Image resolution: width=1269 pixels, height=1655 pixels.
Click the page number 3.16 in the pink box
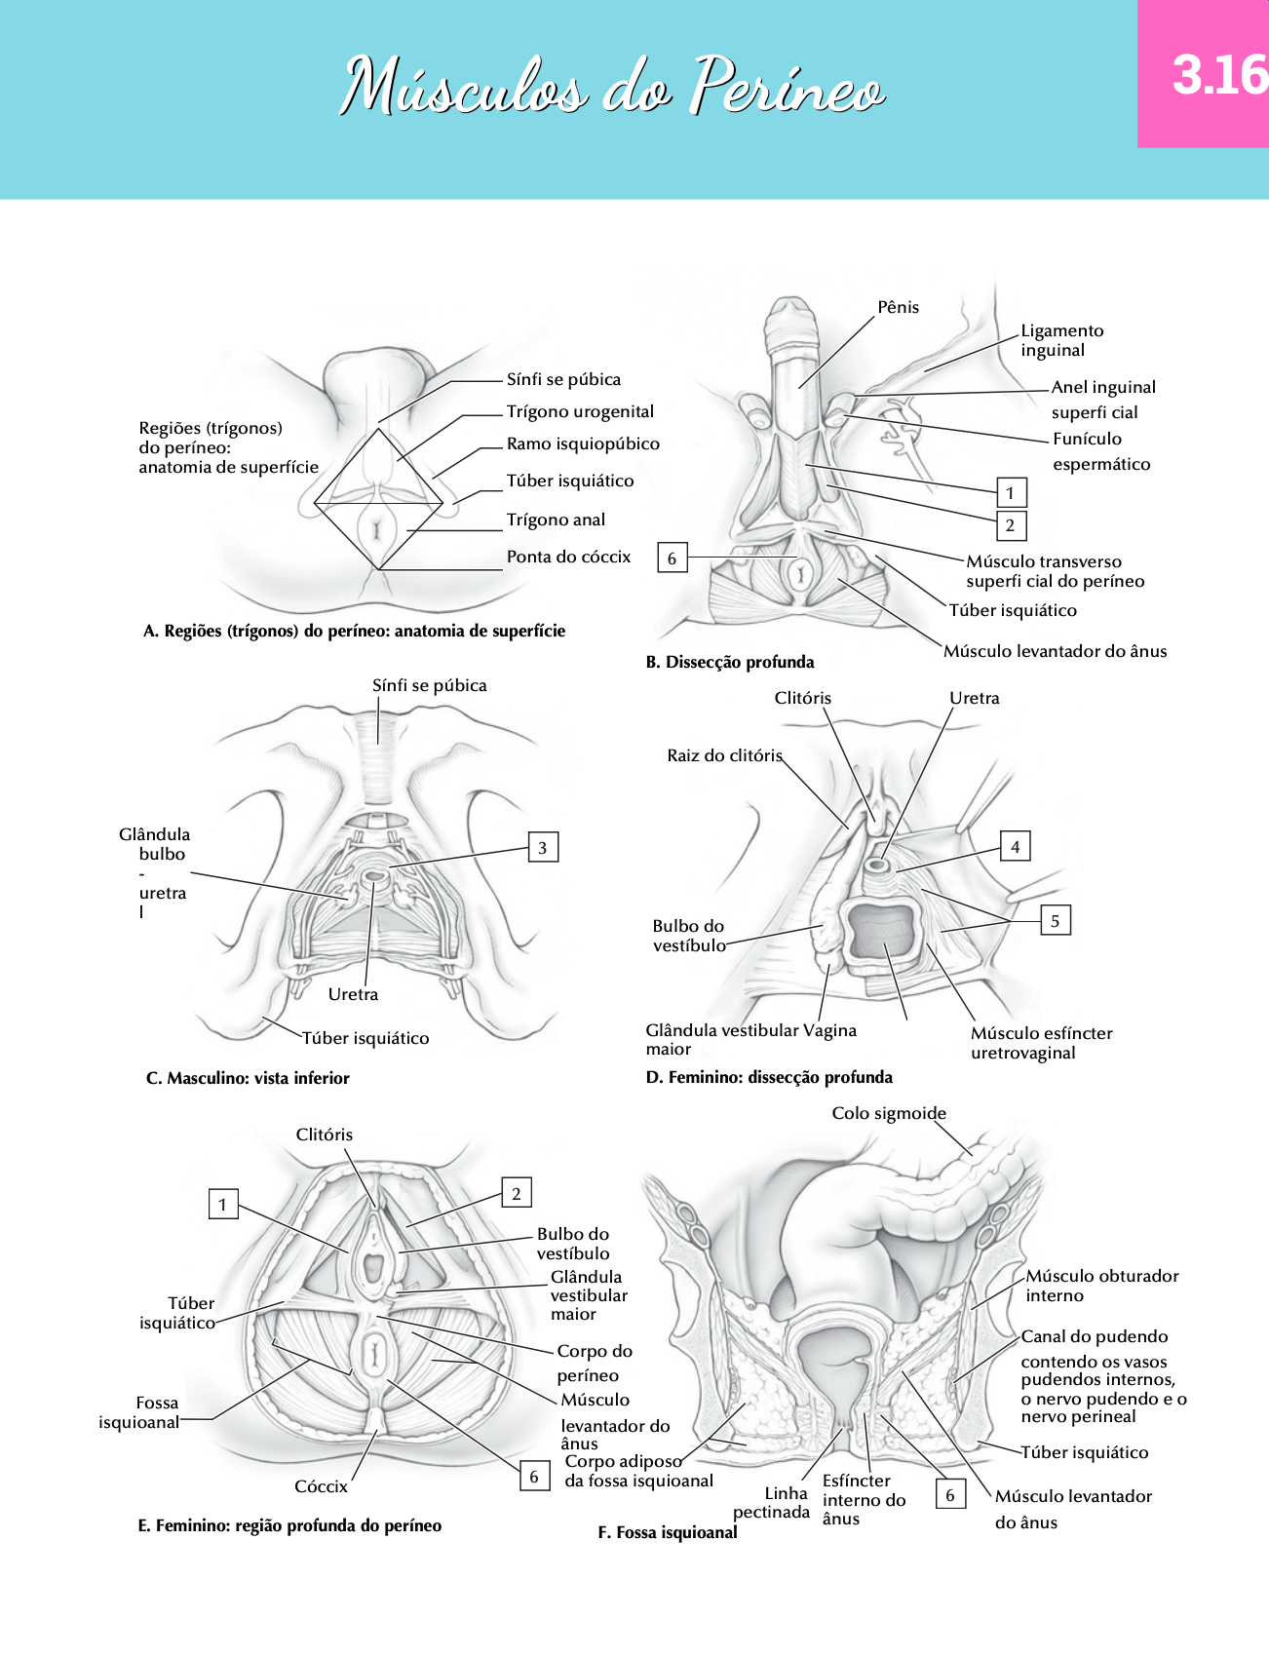(x=1218, y=75)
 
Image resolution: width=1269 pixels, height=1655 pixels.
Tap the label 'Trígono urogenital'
(x=580, y=411)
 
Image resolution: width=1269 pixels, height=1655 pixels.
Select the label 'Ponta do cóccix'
(x=568, y=557)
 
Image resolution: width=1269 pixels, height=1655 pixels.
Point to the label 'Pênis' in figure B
(x=898, y=307)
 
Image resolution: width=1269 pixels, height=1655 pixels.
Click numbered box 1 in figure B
(x=1011, y=492)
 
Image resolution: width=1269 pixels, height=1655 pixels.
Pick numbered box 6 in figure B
(x=672, y=558)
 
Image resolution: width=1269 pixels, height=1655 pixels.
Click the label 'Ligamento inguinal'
(x=1061, y=340)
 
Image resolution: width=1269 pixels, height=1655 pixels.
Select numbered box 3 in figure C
(x=543, y=848)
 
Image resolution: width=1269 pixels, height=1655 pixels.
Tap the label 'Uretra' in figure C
(x=353, y=994)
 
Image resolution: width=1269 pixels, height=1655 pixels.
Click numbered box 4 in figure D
(x=1016, y=846)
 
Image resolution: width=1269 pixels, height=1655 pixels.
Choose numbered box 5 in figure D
(x=1055, y=920)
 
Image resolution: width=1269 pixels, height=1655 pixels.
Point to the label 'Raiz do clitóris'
(x=724, y=755)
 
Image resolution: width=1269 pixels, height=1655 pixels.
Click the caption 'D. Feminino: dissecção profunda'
(x=769, y=1077)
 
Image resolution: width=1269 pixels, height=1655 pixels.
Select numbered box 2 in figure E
(x=517, y=1193)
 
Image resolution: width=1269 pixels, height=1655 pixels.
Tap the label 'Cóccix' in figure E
(x=321, y=1486)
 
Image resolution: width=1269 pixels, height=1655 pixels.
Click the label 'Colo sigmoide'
(x=889, y=1113)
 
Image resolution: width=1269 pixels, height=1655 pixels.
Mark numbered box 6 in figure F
(x=950, y=1494)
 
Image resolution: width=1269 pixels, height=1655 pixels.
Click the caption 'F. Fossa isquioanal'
(x=668, y=1532)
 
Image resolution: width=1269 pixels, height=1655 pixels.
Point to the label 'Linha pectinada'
(x=772, y=1502)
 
